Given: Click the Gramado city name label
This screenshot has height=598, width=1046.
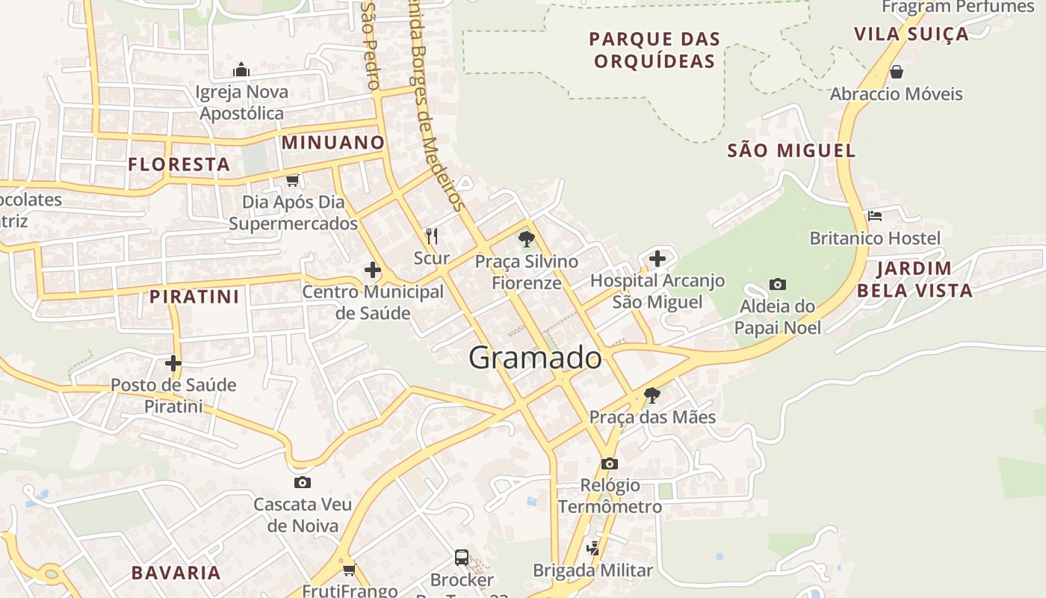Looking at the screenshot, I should [x=535, y=358].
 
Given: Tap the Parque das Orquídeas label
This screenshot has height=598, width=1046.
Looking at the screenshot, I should [x=654, y=49].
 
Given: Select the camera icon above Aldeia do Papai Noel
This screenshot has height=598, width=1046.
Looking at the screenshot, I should [x=777, y=284].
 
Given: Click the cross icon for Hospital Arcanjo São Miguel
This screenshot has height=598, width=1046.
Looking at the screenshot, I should [x=657, y=259].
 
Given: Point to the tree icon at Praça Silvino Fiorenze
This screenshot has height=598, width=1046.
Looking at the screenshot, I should [x=527, y=239].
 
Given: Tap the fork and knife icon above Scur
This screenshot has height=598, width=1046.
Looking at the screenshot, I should [x=431, y=236].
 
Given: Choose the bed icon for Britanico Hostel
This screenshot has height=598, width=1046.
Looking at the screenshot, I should [x=875, y=216].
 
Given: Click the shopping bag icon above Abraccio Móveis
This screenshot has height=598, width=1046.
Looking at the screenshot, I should [x=896, y=72].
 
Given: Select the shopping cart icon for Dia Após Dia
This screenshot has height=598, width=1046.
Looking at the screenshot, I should [x=292, y=180].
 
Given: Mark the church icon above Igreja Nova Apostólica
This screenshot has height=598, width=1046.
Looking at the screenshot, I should [x=241, y=70].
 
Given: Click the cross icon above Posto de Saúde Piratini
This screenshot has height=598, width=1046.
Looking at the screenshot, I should [x=173, y=363].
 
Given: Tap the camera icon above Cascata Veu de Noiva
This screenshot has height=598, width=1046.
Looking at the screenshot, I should [x=302, y=482].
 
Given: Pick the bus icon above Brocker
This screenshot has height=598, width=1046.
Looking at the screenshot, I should [x=462, y=557].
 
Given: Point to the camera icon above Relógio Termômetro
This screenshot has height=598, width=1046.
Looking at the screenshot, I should [x=609, y=463].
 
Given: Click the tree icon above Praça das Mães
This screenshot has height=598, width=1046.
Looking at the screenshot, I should [x=652, y=395].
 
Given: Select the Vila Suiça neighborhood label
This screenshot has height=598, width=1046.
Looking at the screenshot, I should [x=911, y=34].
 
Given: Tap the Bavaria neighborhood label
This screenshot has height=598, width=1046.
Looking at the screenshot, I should [x=176, y=573].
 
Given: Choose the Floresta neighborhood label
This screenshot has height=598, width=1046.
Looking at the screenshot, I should [x=179, y=164].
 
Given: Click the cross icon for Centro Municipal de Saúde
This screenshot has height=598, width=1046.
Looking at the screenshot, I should [x=372, y=270].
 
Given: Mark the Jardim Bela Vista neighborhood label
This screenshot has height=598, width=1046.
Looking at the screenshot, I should [x=915, y=279].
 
